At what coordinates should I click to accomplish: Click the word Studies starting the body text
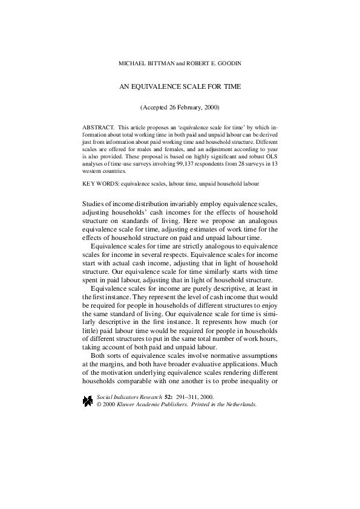pyautogui.click(x=93, y=203)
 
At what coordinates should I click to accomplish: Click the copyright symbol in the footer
pyautogui.click(x=99, y=404)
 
